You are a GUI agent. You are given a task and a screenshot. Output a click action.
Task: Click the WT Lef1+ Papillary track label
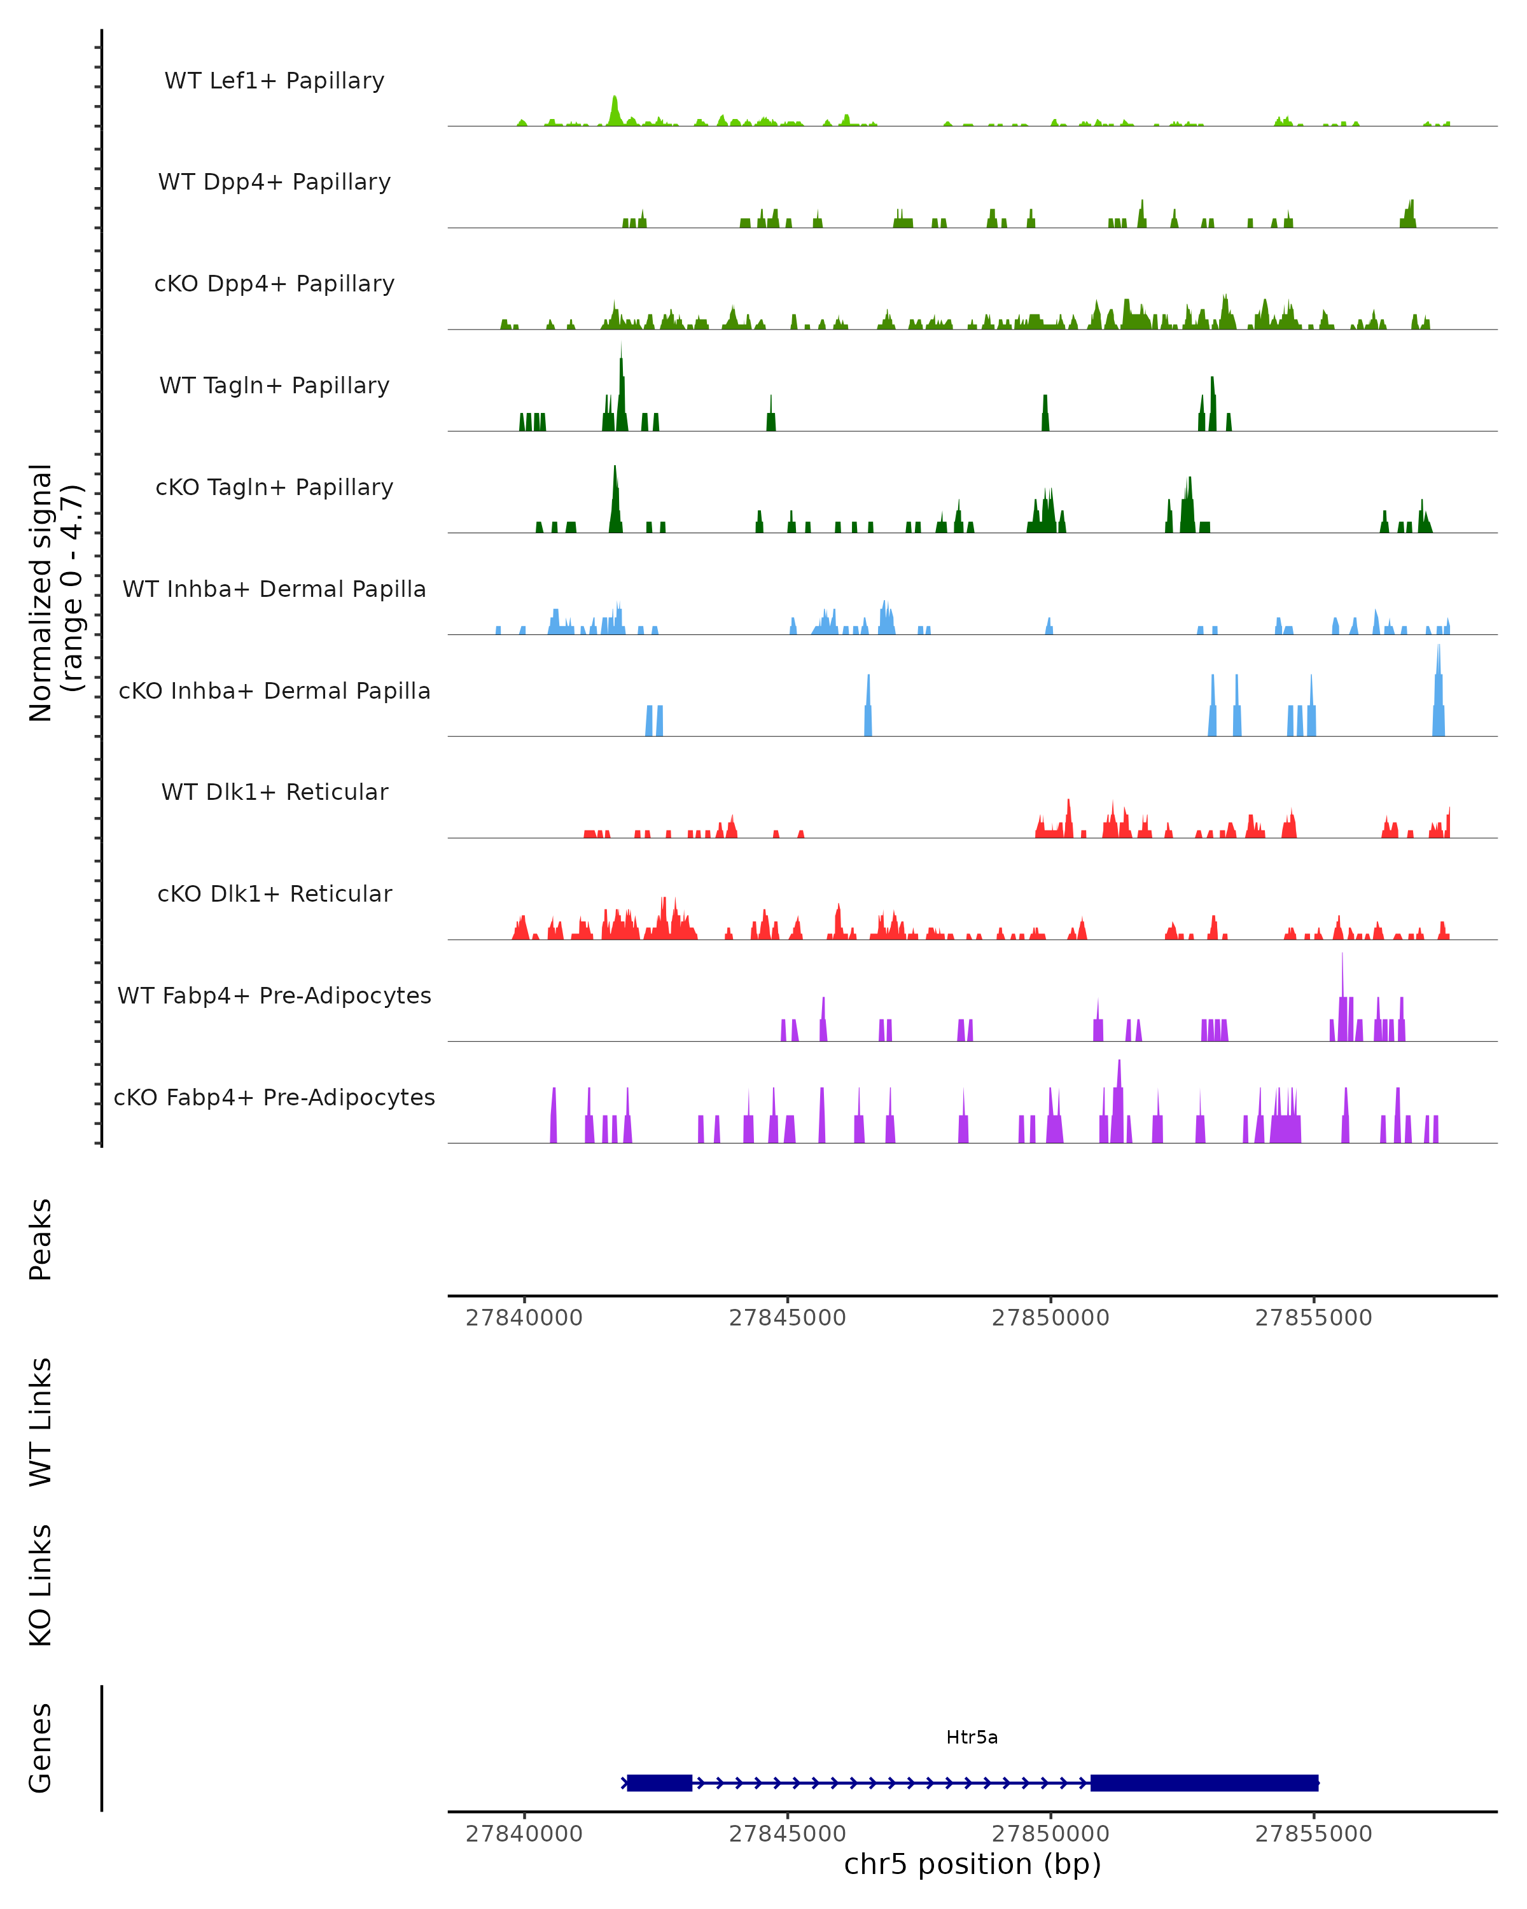click(x=274, y=81)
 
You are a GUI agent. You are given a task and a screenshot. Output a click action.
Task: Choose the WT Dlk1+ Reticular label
click(x=274, y=792)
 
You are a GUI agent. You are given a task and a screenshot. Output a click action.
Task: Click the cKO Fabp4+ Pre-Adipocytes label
click(x=274, y=1097)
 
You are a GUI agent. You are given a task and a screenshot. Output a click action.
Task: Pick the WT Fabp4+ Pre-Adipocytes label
click(x=274, y=995)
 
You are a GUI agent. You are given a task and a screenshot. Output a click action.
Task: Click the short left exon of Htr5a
click(x=660, y=1783)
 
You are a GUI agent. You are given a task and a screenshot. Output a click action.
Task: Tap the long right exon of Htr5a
click(x=1204, y=1783)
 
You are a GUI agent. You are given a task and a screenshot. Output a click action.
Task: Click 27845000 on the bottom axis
click(x=787, y=1834)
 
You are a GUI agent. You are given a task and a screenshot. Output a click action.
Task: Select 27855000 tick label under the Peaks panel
click(x=1314, y=1318)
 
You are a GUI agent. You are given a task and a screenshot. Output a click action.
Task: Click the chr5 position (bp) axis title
click(x=972, y=1864)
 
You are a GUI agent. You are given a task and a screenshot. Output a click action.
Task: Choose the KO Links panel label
click(x=41, y=1585)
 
